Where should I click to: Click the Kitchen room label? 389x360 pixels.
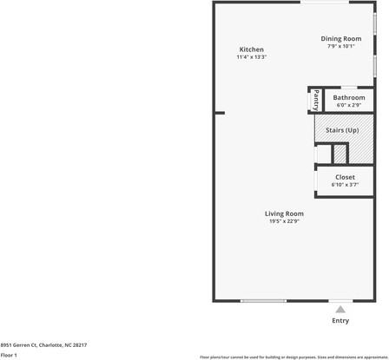[x=251, y=49]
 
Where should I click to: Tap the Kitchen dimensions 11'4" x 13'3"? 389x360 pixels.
[x=251, y=57]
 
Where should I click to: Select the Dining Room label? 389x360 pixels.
[x=340, y=38]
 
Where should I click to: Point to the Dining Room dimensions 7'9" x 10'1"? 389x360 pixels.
[x=340, y=46]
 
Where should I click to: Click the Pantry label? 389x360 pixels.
[x=316, y=100]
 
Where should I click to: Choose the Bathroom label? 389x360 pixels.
[x=349, y=97]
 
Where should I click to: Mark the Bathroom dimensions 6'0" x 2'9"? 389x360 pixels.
[x=349, y=105]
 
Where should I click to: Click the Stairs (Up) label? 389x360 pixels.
[x=342, y=130]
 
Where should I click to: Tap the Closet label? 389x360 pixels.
[x=345, y=176]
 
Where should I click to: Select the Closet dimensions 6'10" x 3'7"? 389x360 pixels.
[x=345, y=184]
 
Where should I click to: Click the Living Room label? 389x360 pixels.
[x=284, y=213]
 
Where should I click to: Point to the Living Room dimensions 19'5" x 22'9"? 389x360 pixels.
[x=284, y=221]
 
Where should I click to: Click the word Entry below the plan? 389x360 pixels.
[x=340, y=321]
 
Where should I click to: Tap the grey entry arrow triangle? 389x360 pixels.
[x=340, y=309]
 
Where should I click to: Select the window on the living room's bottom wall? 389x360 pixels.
[x=263, y=301]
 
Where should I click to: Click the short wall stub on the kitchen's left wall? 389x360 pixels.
[x=219, y=113]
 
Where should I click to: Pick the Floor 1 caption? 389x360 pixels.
[x=10, y=355]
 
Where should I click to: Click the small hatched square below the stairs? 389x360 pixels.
[x=340, y=154]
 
